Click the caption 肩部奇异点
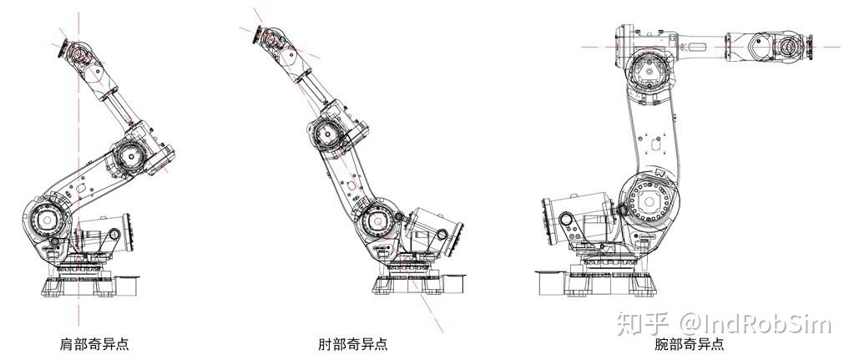[x=94, y=343]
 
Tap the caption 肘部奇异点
[x=352, y=343]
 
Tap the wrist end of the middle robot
[x=267, y=37]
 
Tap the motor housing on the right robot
[x=568, y=217]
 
